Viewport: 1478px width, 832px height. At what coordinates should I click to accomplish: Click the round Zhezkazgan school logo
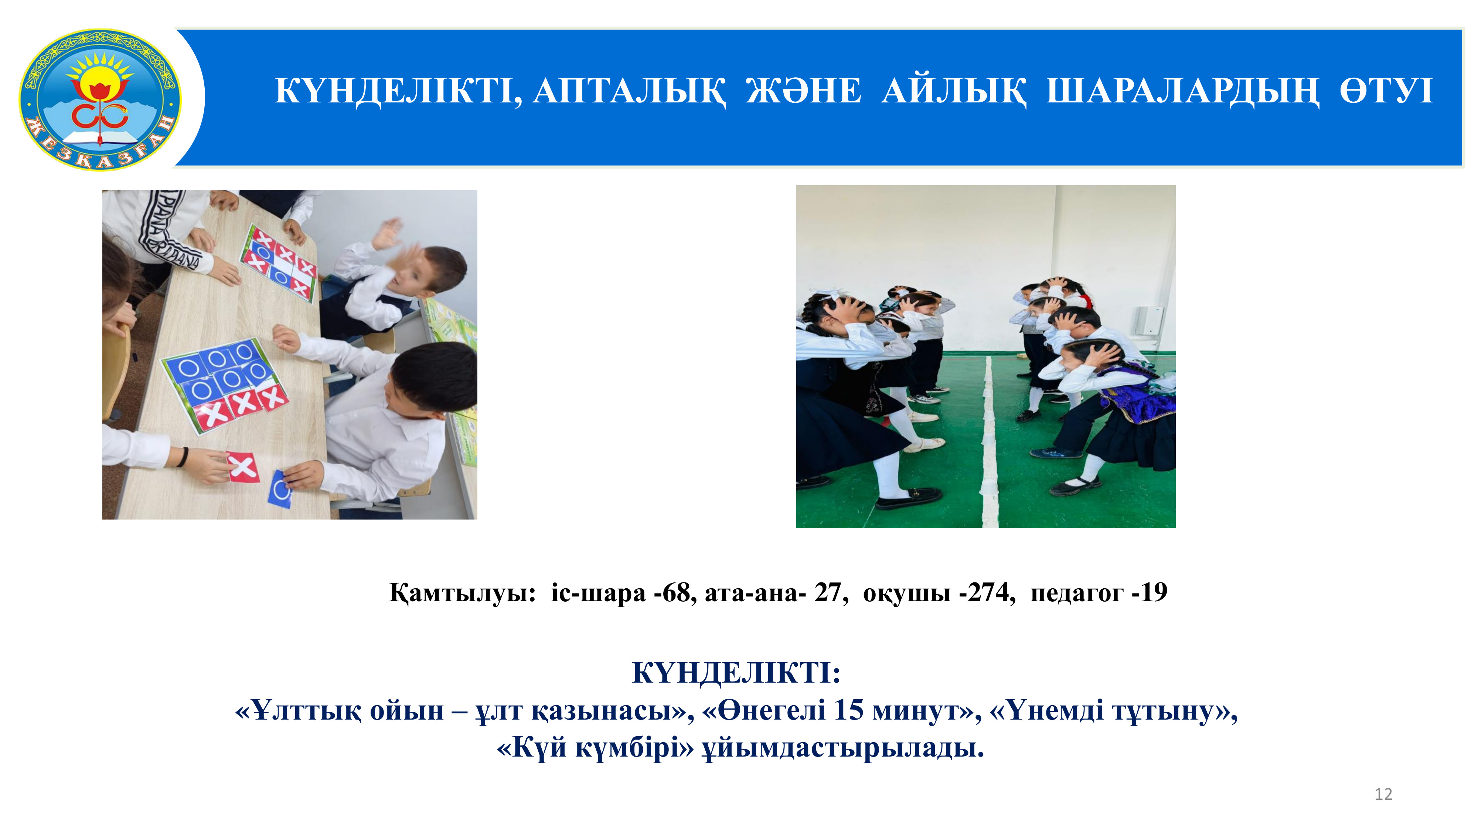100,99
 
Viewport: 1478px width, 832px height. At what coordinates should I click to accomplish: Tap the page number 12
1383,794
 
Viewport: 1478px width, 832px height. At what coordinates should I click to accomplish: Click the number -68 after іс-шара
675,592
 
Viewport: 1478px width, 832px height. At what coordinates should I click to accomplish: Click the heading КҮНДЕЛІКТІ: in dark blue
736,672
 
